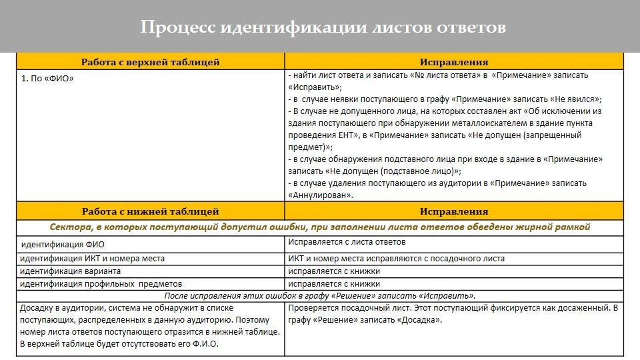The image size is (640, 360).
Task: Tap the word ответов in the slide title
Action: (471, 27)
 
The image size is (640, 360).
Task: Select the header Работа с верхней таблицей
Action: (150, 62)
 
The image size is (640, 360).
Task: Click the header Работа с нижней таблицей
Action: (150, 211)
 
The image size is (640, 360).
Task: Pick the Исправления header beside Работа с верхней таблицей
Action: (454, 62)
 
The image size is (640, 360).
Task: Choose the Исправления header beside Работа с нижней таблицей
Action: (454, 211)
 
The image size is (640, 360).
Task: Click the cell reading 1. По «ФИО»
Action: (47, 79)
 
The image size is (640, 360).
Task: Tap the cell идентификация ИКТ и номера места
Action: (92, 259)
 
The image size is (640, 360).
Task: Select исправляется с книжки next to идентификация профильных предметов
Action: (334, 284)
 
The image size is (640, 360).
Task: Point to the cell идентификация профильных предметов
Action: (101, 284)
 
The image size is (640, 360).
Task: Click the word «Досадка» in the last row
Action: (419, 320)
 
